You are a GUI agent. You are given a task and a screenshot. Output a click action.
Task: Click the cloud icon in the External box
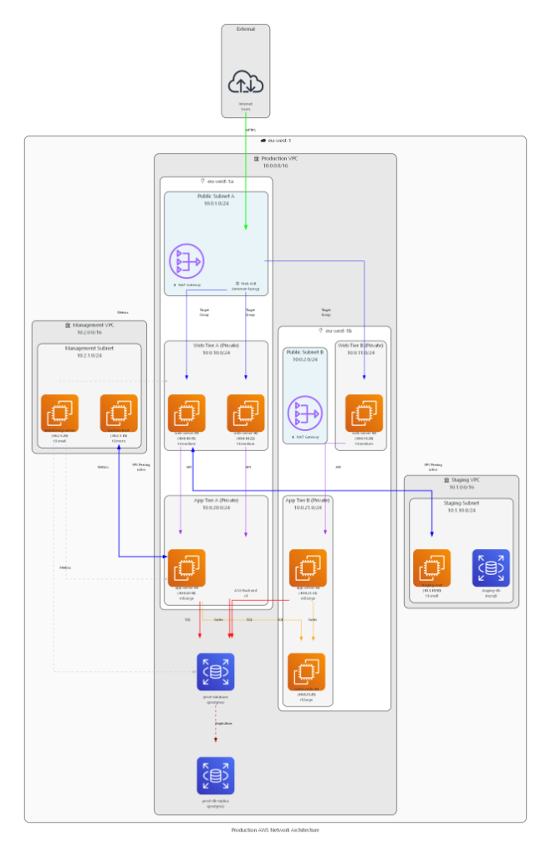pyautogui.click(x=246, y=81)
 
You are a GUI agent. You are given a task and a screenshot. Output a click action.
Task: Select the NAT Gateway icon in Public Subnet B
pyautogui.click(x=304, y=413)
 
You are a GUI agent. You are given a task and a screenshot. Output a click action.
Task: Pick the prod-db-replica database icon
pyautogui.click(x=216, y=776)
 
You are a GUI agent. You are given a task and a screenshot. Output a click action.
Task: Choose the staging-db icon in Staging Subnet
pyautogui.click(x=491, y=567)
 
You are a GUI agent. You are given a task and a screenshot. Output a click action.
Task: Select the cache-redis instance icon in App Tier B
pyautogui.click(x=307, y=672)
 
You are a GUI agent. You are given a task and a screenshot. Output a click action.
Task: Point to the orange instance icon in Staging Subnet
pyautogui.click(x=431, y=567)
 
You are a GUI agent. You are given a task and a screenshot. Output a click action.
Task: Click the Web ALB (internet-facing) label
pyautogui.click(x=249, y=286)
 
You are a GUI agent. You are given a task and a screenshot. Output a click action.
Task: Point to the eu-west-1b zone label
pyautogui.click(x=337, y=331)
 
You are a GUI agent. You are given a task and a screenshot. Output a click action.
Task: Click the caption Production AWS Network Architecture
pyautogui.click(x=275, y=829)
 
